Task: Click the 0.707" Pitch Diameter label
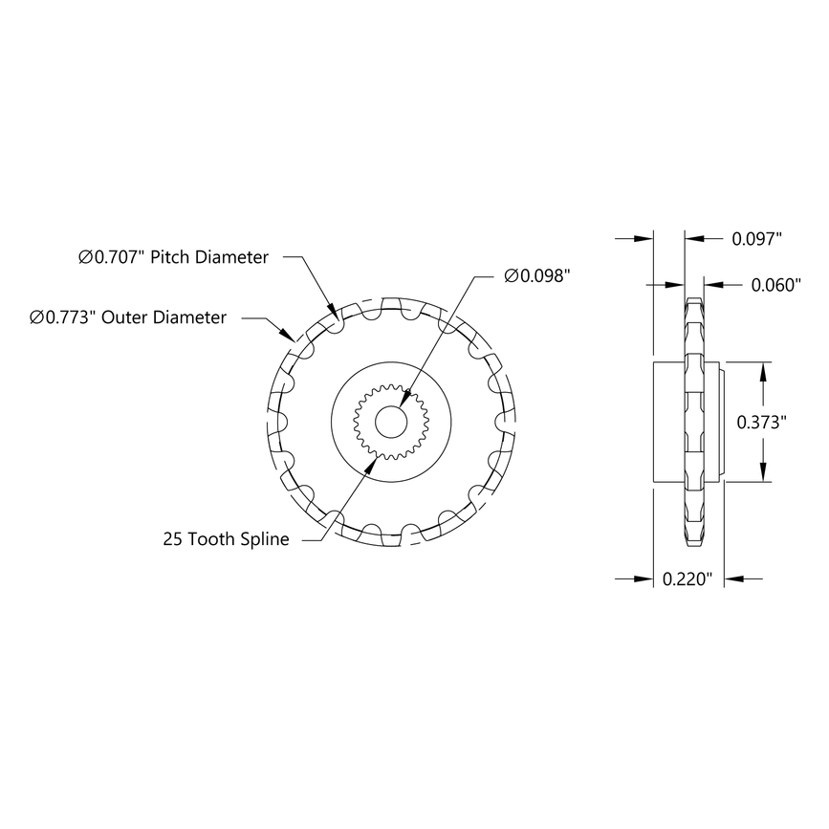(x=173, y=257)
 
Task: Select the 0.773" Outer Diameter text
(x=128, y=316)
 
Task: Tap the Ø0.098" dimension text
(x=536, y=275)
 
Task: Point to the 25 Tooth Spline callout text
(x=226, y=539)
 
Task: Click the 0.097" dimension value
(x=757, y=238)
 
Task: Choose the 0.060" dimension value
(x=775, y=285)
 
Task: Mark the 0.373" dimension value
(x=762, y=422)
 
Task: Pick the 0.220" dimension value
(x=688, y=578)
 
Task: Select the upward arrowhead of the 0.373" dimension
(x=762, y=368)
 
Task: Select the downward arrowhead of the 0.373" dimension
(x=762, y=475)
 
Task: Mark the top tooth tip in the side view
(x=693, y=299)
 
